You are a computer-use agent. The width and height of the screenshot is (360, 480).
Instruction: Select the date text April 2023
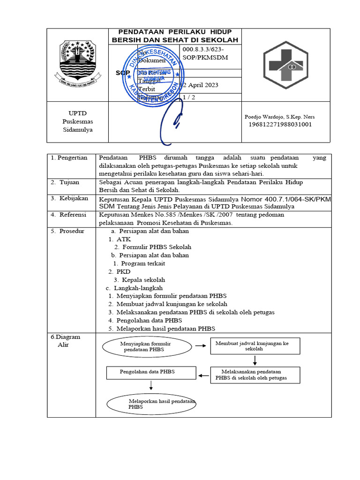coord(202,85)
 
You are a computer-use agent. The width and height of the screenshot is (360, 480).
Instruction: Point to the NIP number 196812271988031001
coord(280,125)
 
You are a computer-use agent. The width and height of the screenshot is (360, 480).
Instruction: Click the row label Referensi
coord(71,215)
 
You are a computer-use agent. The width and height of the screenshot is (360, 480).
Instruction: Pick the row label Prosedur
coord(70,231)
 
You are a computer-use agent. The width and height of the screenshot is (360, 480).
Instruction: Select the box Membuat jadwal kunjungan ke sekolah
coord(255,346)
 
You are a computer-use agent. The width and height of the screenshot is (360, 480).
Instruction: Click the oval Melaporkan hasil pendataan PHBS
coord(151,404)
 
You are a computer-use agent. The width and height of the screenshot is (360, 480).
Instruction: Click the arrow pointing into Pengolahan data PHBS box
coord(203,375)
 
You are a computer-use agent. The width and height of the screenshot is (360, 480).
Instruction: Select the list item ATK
coord(123,239)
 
